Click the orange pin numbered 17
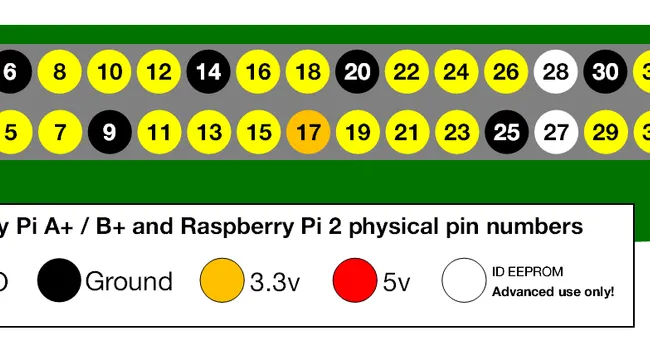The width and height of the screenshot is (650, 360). tap(308, 131)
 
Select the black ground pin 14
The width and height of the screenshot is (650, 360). tap(209, 72)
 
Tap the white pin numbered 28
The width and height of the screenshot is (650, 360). tap(555, 72)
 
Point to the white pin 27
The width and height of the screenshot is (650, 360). tap(555, 131)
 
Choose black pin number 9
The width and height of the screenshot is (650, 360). tap(110, 131)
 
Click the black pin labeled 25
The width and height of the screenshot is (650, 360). tap(506, 131)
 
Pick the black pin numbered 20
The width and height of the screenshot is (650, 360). tap(357, 72)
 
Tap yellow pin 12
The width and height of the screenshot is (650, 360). tap(159, 72)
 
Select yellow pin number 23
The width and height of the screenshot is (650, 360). tap(456, 131)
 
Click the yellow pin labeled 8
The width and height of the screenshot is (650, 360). tap(60, 72)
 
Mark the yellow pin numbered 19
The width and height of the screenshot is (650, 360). tap(357, 131)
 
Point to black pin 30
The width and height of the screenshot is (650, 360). tap(605, 72)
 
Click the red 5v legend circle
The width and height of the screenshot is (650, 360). tap(357, 281)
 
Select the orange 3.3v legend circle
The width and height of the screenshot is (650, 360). tap(222, 281)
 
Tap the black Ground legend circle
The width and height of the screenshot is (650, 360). tap(59, 281)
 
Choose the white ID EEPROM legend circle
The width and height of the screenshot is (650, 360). tap(464, 281)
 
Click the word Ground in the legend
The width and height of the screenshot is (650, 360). tap(128, 282)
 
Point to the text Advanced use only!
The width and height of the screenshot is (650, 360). tap(552, 292)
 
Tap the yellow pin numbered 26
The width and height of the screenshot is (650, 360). tap(506, 72)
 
